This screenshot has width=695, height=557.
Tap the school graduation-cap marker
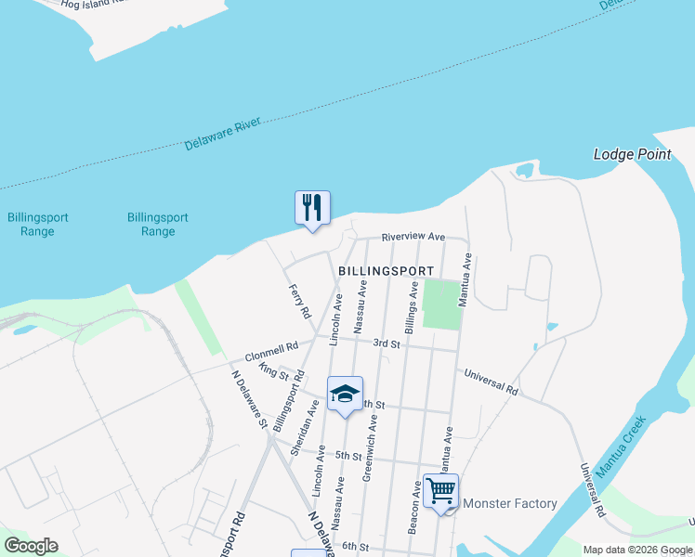pos(345,394)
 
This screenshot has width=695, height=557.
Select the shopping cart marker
pos(441,491)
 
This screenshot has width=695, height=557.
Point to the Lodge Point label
pos(632,155)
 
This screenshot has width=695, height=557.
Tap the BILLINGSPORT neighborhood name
pos(386,270)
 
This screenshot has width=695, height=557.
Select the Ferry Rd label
pos(299,302)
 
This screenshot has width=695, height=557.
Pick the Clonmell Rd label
pos(271,352)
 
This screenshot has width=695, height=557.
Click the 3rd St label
pos(386,343)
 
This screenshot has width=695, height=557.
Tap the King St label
pos(275,371)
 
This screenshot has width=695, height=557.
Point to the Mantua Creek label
pos(620,447)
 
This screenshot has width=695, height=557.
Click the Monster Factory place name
pos(509,504)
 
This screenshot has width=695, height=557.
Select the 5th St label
pos(348,456)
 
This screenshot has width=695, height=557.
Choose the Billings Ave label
pos(410,310)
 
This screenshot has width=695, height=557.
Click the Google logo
pos(31,546)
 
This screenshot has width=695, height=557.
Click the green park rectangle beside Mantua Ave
pos(441,304)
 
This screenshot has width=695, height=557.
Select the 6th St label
pos(356,547)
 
